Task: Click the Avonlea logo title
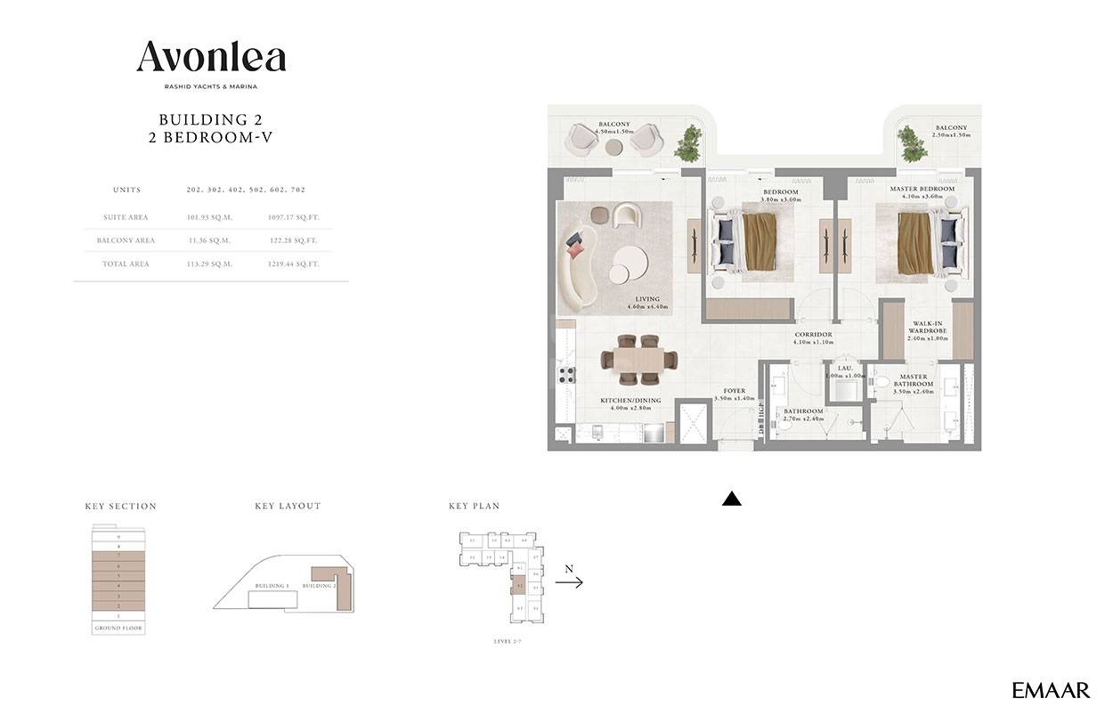[211, 57]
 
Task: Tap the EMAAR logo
[1051, 690]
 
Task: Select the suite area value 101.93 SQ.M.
[208, 217]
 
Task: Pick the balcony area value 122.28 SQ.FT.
[292, 240]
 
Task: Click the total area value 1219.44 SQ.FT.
[292, 264]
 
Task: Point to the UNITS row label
[126, 190]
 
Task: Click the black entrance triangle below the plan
[731, 500]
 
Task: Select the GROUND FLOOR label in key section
[118, 629]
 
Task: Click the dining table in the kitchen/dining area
[638, 359]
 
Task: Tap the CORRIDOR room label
[813, 335]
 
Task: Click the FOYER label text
[734, 390]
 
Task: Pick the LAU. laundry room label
[845, 368]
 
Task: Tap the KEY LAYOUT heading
[288, 506]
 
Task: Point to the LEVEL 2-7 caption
[508, 641]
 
